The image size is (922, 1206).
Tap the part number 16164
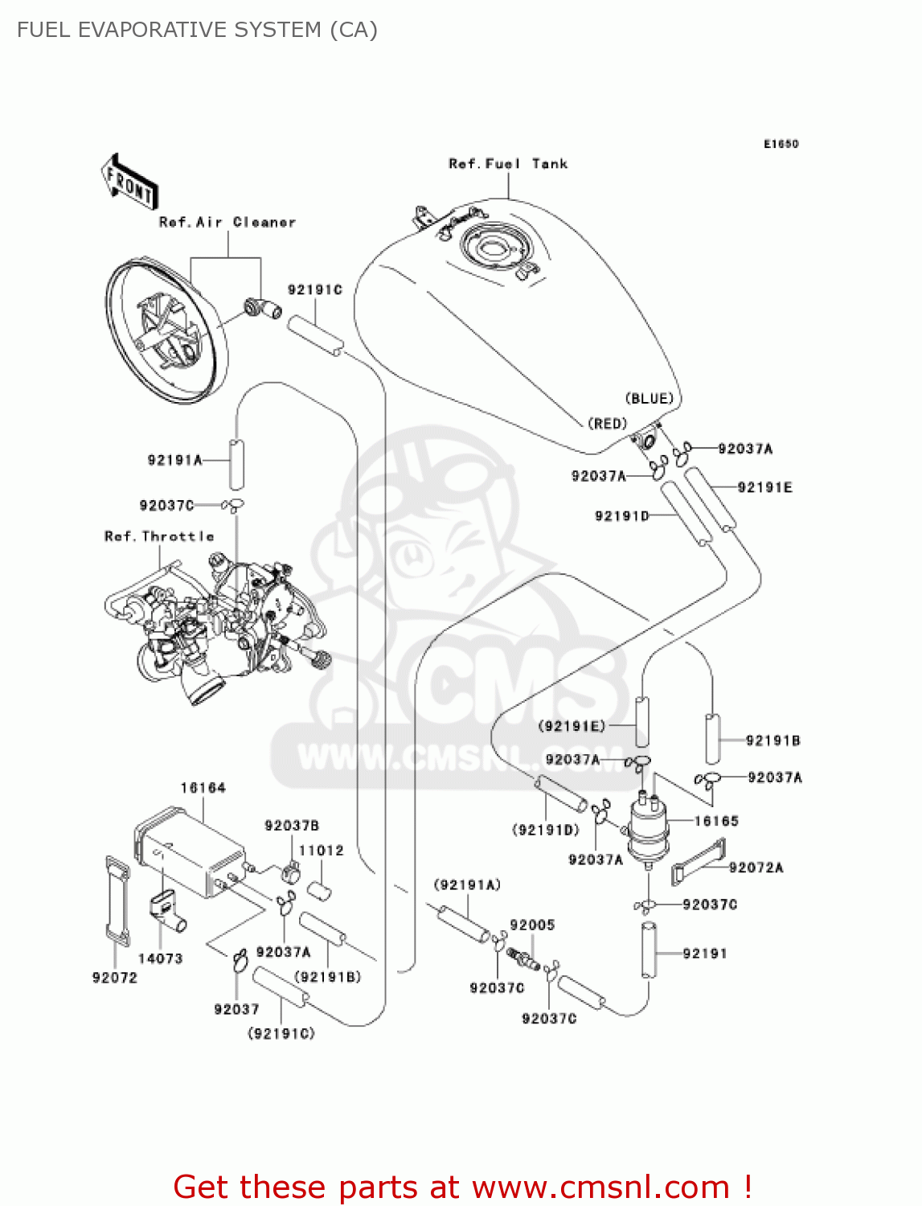click(x=203, y=788)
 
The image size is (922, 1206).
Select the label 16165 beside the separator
click(x=716, y=821)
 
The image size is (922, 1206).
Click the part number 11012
click(x=321, y=851)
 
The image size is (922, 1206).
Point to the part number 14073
click(x=160, y=958)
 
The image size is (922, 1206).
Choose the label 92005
click(x=532, y=925)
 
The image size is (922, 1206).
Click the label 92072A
click(x=756, y=868)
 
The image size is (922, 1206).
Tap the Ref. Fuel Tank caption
click(x=508, y=164)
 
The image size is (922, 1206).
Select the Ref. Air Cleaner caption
click(x=227, y=223)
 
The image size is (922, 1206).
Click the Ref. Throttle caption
click(x=159, y=536)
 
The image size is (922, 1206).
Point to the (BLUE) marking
click(x=649, y=399)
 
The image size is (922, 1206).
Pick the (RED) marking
click(x=607, y=424)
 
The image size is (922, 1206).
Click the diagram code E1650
click(x=781, y=144)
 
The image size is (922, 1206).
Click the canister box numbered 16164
click(x=191, y=852)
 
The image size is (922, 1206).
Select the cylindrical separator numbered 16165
click(x=648, y=829)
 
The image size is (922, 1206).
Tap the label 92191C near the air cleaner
click(x=315, y=290)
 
